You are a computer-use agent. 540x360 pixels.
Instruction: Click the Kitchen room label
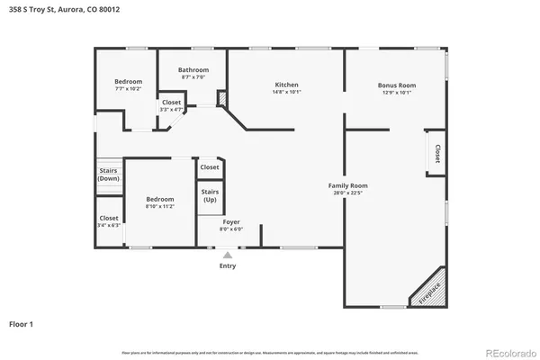pos(286,84)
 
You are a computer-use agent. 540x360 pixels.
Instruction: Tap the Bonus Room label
pos(395,84)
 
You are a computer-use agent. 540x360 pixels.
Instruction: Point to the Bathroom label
pos(193,70)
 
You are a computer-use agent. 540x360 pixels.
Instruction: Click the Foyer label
pos(231,220)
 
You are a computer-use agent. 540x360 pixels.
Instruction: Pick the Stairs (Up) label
pos(210,195)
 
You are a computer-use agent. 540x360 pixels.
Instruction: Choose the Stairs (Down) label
pos(108,175)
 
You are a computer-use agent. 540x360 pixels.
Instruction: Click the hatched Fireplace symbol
pos(429,292)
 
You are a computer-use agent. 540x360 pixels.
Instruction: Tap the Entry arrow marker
pos(227,256)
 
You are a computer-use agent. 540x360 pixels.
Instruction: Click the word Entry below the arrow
pos(228,266)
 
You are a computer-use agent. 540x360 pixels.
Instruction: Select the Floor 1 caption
pos(23,322)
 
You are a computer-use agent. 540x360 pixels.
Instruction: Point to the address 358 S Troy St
pos(63,9)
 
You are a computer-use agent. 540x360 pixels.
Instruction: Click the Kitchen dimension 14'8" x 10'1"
pos(286,92)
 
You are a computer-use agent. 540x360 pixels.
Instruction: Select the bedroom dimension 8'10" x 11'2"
pos(160,207)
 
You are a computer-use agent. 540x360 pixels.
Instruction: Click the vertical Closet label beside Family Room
pos(437,153)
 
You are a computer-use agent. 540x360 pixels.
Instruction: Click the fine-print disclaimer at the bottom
pos(270,351)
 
